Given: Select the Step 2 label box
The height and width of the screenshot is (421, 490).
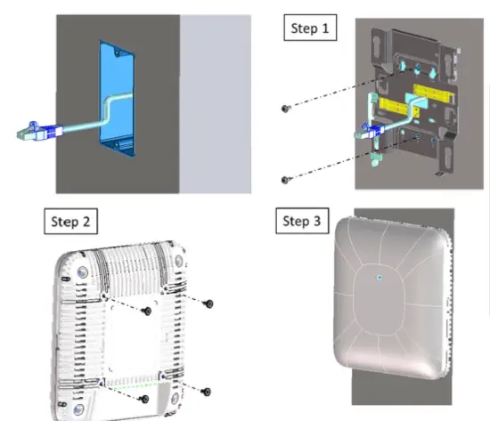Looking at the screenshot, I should [72, 220].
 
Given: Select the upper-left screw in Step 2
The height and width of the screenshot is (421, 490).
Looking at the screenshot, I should [146, 311].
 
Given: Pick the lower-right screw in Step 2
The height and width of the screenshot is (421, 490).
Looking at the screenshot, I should [206, 392].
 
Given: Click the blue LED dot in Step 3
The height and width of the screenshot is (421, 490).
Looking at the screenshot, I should [380, 278].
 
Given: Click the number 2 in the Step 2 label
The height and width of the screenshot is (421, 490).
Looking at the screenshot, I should [89, 220].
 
